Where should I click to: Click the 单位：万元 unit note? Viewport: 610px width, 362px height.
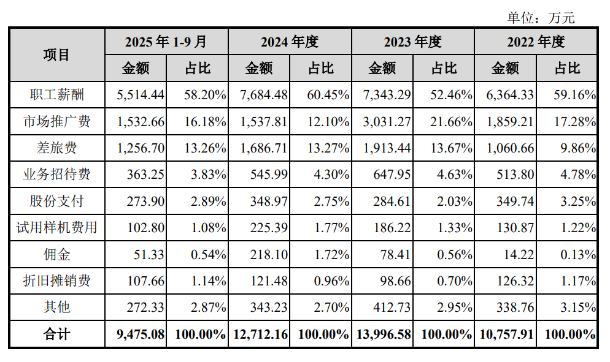[x=541, y=18]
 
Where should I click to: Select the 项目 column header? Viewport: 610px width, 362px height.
[x=56, y=55]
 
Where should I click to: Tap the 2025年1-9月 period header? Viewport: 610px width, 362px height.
[x=166, y=42]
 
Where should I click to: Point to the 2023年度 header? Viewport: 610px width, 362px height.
[x=413, y=42]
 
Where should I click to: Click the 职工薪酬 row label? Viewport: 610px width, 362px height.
[x=56, y=95]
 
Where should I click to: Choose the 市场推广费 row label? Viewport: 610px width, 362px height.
[x=56, y=121]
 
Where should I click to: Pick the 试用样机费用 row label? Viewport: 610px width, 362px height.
[x=56, y=228]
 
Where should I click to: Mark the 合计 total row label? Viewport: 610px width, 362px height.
[x=56, y=334]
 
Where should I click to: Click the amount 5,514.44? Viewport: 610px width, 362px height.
[x=141, y=95]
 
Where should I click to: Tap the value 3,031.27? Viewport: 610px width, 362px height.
[x=386, y=121]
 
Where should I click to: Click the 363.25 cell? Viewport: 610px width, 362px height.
[x=145, y=174]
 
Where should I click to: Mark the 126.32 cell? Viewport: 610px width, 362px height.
[x=514, y=281]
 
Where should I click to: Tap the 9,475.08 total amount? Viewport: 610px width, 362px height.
[x=141, y=334]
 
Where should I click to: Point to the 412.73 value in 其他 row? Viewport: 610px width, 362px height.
[x=392, y=307]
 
